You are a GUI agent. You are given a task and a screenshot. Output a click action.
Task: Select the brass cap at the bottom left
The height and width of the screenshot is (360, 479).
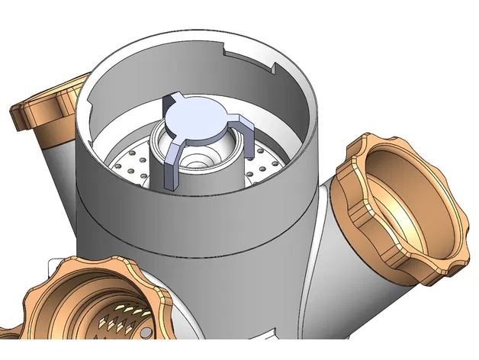(92, 305)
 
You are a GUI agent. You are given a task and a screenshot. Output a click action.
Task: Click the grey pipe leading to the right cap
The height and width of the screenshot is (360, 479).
(336, 252)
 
